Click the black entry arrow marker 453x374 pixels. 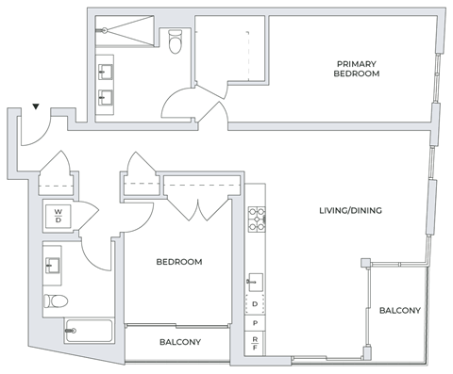pyautogui.click(x=36, y=107)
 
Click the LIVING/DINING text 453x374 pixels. pyautogui.click(x=350, y=211)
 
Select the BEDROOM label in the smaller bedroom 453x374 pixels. pyautogui.click(x=179, y=262)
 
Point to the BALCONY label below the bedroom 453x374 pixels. pyautogui.click(x=179, y=343)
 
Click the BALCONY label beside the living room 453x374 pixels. pyautogui.click(x=399, y=311)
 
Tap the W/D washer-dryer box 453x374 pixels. pyautogui.click(x=58, y=217)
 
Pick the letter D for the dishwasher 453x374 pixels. pyautogui.click(x=255, y=304)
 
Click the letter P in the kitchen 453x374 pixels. pyautogui.click(x=255, y=323)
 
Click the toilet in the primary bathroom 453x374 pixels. pyautogui.click(x=175, y=42)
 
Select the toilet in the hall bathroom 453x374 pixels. pyautogui.click(x=55, y=301)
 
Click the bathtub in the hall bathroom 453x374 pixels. pyautogui.click(x=88, y=332)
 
